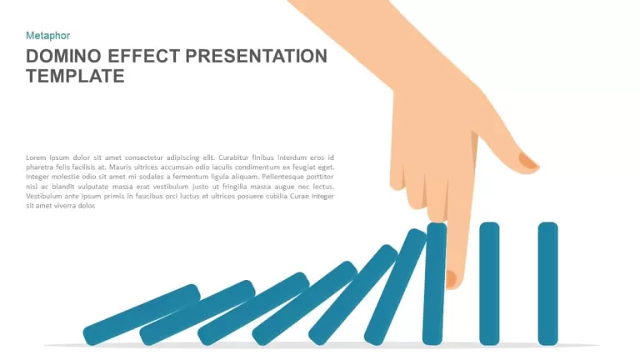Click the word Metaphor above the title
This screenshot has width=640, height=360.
click(x=47, y=36)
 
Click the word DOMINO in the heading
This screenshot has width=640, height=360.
click(x=63, y=56)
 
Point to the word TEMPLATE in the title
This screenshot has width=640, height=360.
click(x=75, y=76)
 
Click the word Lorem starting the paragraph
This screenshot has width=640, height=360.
click(x=36, y=157)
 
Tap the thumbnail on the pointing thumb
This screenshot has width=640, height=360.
click(x=528, y=161)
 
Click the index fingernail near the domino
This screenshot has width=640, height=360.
click(x=451, y=279)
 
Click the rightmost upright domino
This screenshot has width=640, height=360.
click(x=547, y=283)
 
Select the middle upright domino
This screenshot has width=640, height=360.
click(x=489, y=283)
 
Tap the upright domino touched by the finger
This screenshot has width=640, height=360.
click(x=434, y=283)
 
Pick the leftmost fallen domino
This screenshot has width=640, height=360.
click(x=142, y=315)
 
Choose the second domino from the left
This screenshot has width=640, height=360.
click(x=197, y=312)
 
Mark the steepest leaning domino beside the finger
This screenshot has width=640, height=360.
click(x=395, y=287)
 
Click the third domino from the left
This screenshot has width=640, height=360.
click(x=253, y=309)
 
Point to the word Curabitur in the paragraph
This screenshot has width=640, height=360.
click(x=233, y=157)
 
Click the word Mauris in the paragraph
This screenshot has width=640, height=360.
click(x=119, y=167)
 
